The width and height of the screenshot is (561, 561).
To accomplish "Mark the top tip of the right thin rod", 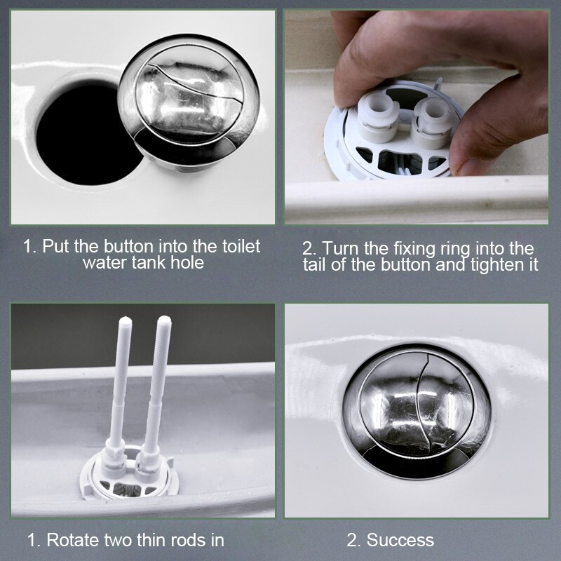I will tap(165, 321).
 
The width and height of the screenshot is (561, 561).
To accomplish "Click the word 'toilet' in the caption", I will tap(238, 246).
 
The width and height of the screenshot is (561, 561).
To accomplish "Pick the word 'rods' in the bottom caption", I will tap(187, 540).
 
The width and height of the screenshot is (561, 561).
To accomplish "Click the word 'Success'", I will tap(400, 540).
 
